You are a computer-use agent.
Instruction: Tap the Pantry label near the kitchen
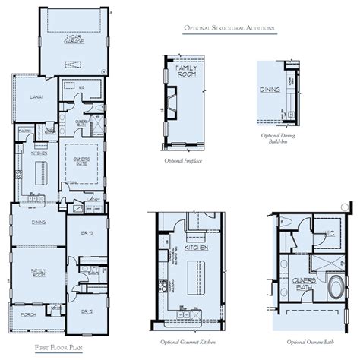24,131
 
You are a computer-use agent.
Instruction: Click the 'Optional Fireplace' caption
182,161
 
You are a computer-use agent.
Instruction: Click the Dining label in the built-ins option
270,90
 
